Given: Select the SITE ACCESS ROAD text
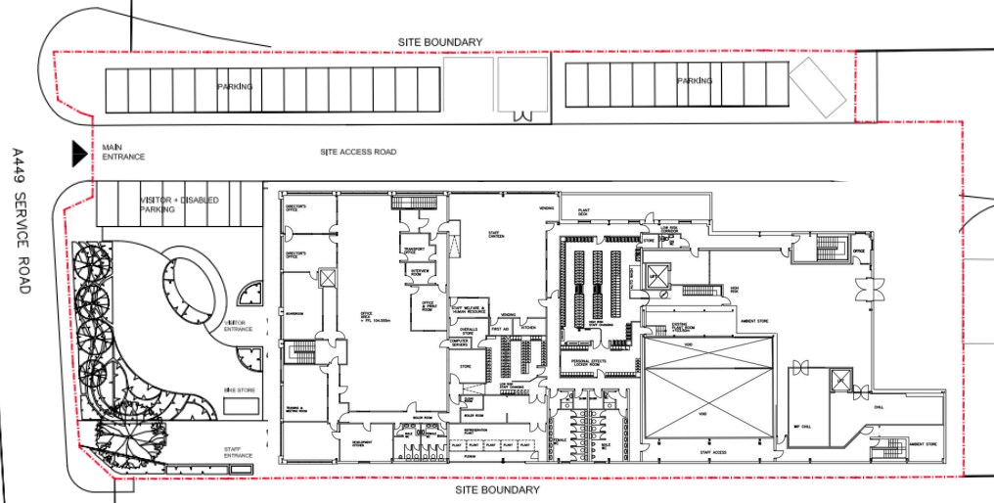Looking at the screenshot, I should tap(358, 153).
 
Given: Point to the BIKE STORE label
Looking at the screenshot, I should tap(239, 390).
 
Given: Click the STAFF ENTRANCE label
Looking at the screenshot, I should tap(238, 452).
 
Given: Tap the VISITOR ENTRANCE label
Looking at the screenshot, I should tap(239, 325).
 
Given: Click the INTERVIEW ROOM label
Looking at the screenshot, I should tap(421, 273).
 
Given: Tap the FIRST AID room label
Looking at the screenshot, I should tap(501, 328).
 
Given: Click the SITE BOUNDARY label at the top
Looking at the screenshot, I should tap(439, 42).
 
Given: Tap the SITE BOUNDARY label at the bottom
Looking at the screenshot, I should tap(497, 489).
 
